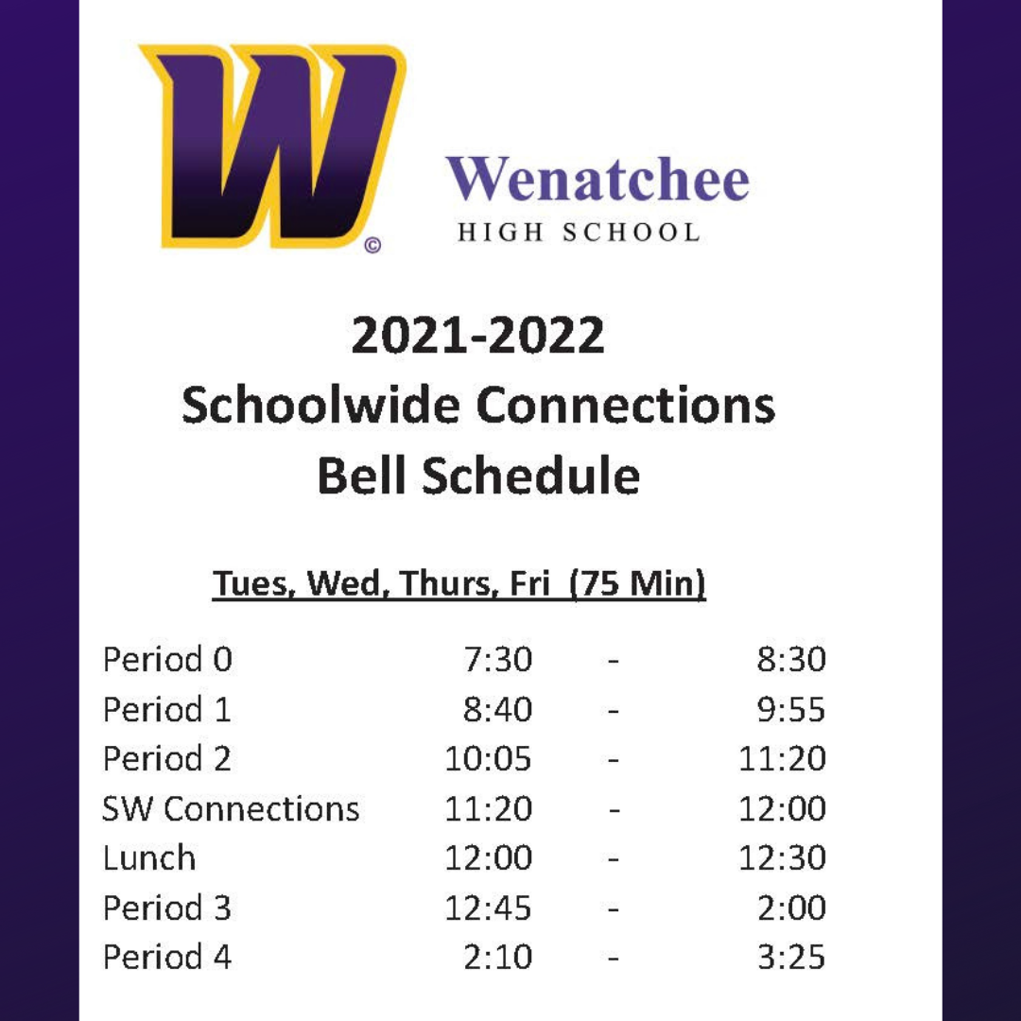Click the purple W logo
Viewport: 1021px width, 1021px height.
[x=272, y=147]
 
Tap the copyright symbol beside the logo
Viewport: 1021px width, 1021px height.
[x=372, y=246]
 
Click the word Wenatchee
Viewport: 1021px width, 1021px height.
[x=597, y=179]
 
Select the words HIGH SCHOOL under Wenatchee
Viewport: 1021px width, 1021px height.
[x=579, y=233]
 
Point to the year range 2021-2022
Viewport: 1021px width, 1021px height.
[x=478, y=336]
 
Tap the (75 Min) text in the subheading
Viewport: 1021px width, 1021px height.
[x=637, y=583]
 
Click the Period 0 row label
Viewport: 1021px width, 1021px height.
[x=167, y=659]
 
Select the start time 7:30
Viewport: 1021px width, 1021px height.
[x=498, y=659]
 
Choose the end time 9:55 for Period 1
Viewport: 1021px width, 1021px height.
[x=791, y=709]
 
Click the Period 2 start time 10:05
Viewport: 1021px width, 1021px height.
[x=489, y=758]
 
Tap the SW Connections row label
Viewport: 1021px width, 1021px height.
[x=231, y=808]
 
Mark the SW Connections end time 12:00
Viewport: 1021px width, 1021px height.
[x=782, y=808]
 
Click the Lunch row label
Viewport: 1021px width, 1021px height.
[x=149, y=857]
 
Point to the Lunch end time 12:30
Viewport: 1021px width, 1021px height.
[x=782, y=857]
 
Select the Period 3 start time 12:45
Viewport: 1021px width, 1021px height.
[x=489, y=908]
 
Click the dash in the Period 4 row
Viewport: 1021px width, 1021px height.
[x=612, y=958]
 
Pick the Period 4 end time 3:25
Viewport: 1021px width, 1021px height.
[x=791, y=957]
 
